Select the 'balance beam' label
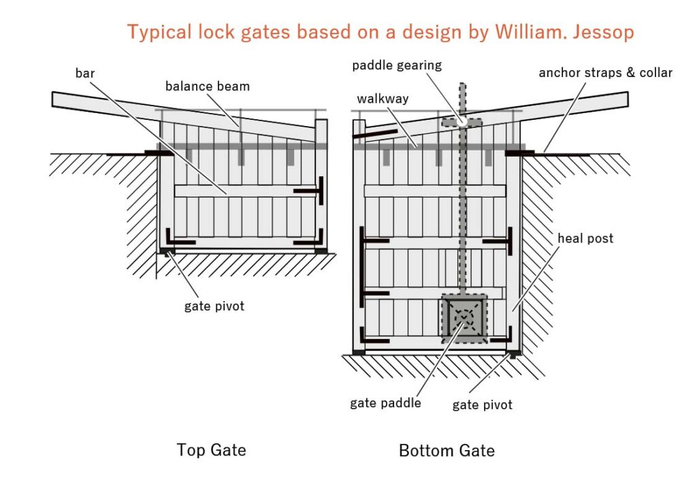[207, 86]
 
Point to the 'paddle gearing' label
[397, 65]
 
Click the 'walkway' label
[383, 99]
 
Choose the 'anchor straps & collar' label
[605, 72]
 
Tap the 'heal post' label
[585, 238]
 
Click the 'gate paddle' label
[385, 403]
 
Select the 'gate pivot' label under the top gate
[214, 306]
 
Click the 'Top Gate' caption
[211, 450]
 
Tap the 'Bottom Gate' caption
[447, 451]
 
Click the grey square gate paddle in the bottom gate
[464, 318]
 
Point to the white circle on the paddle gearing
[462, 121]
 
